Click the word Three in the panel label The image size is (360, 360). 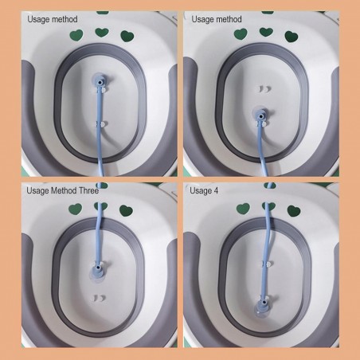89,190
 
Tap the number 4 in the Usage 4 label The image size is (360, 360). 216,190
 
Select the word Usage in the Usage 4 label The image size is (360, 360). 201,191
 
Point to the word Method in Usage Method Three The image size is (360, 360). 64,190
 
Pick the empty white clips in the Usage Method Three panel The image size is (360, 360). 98,298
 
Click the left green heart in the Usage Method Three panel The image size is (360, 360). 76,209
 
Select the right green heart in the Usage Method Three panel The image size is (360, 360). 126,211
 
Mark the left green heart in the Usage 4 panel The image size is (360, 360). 243,209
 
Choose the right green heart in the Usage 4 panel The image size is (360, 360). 294,211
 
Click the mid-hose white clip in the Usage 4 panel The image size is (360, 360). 267,264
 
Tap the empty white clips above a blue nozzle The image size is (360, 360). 264,89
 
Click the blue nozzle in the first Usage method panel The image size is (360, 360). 100,80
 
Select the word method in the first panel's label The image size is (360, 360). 65,19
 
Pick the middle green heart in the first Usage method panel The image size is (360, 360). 102,33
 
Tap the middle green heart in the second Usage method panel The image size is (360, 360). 266,32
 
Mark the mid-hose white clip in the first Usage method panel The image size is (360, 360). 101,123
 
